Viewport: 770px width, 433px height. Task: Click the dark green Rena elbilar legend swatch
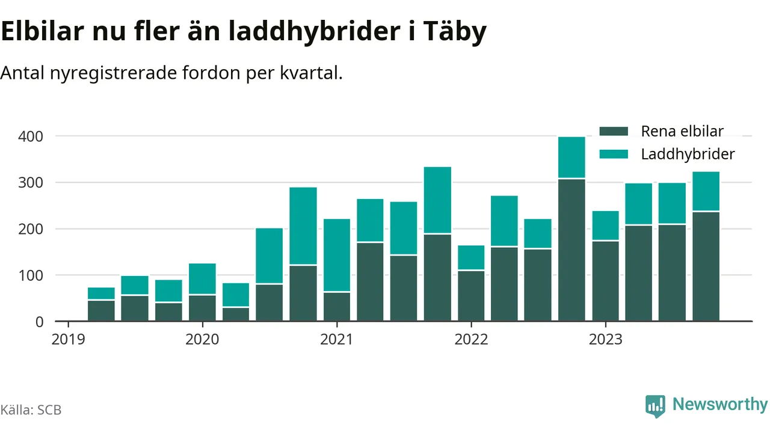(614, 131)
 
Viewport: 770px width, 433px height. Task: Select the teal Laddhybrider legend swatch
(614, 154)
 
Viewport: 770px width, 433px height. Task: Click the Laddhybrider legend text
(688, 154)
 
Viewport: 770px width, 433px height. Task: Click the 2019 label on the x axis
(67, 339)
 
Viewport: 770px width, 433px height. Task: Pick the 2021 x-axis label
(336, 339)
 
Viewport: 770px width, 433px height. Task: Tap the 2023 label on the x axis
(605, 339)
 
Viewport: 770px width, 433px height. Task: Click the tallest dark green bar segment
(571, 250)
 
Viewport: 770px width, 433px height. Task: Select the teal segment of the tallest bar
(571, 158)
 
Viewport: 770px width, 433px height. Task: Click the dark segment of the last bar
(706, 266)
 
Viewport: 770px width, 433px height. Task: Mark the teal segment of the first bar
(101, 293)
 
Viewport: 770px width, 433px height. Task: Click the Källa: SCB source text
(31, 410)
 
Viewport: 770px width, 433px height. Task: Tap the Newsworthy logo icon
(655, 406)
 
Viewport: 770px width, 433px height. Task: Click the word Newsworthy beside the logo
(720, 404)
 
